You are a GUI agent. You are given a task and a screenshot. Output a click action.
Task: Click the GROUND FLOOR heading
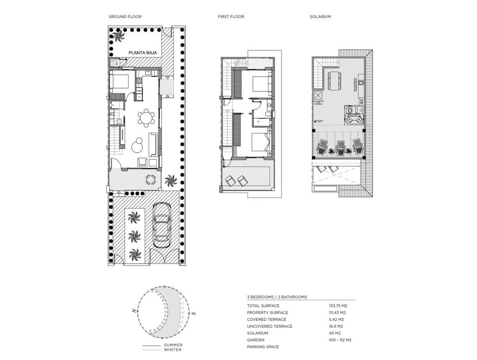pyautogui.click(x=125, y=17)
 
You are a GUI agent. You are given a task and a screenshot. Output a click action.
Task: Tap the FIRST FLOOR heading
pyautogui.click(x=231, y=17)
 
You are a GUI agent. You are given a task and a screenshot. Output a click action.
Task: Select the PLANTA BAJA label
pyautogui.click(x=143, y=53)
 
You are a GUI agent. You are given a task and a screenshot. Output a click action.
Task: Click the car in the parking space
pyautogui.click(x=162, y=225)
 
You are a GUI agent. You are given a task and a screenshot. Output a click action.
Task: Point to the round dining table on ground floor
pyautogui.click(x=146, y=118)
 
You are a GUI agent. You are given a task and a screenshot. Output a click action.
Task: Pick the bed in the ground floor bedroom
pyautogui.click(x=120, y=82)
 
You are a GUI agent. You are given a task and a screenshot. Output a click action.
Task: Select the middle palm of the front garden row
pyautogui.click(x=134, y=235)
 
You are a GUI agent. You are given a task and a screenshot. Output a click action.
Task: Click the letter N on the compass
pyautogui.click(x=133, y=311)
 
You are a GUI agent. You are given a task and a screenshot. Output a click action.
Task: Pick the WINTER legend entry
pyautogui.click(x=173, y=350)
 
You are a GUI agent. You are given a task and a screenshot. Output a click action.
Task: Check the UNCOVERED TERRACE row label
pyautogui.click(x=269, y=327)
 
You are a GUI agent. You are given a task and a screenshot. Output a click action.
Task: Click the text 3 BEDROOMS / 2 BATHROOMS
pyautogui.click(x=277, y=297)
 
